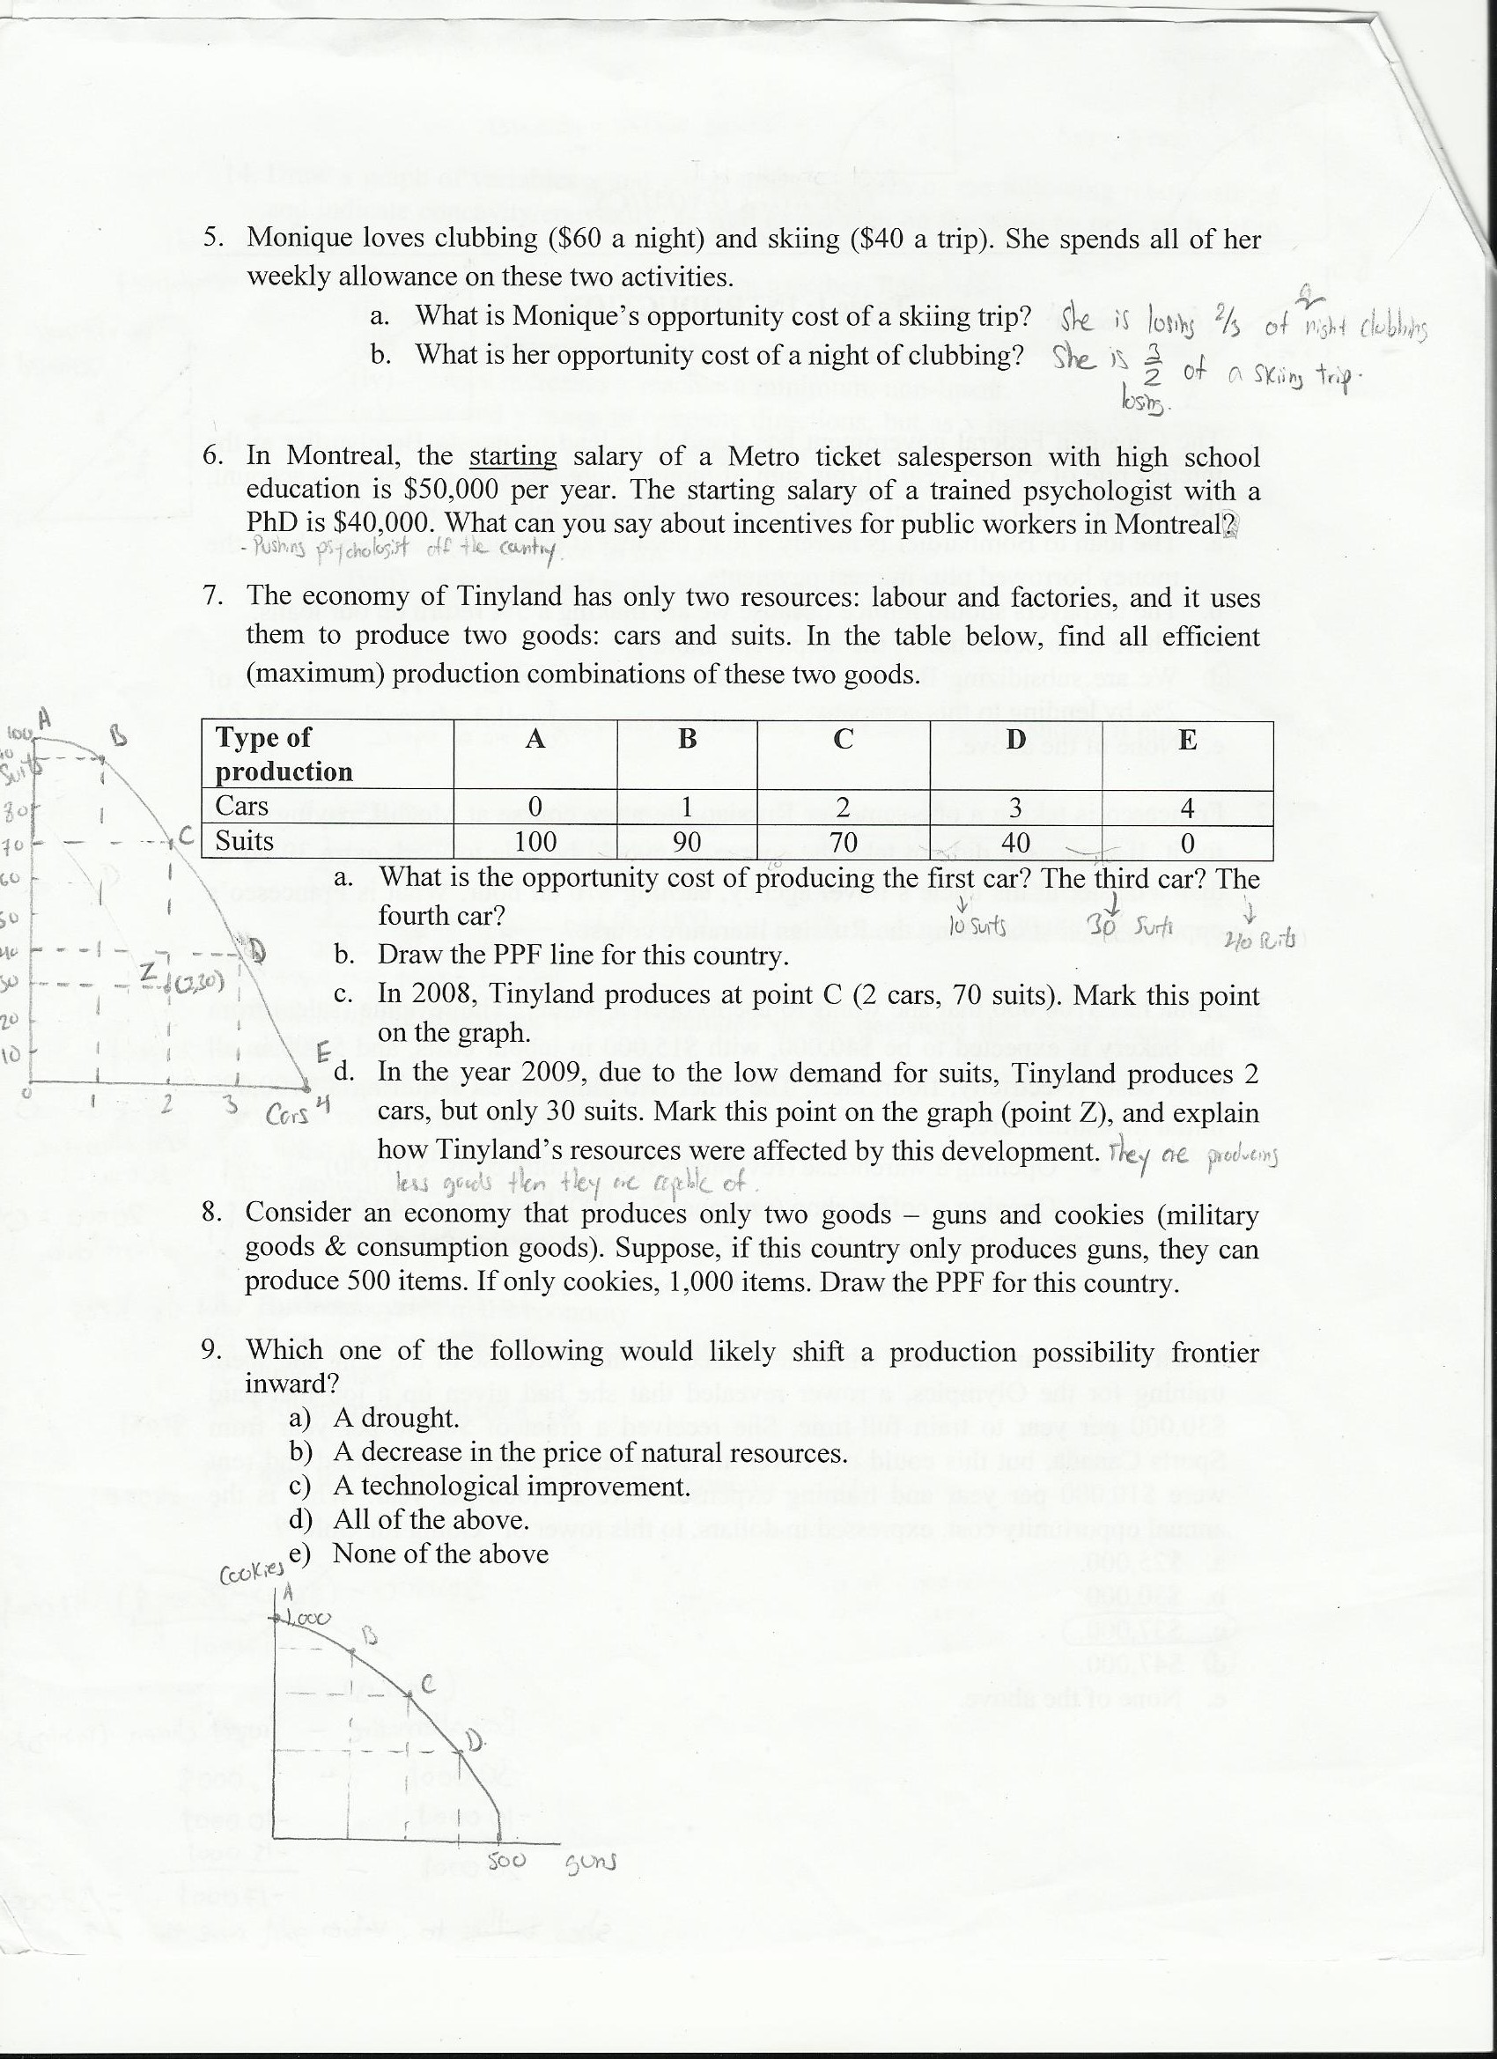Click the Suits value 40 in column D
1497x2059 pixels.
(1015, 844)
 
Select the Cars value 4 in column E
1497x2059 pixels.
(1186, 807)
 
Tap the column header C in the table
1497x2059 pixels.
(844, 740)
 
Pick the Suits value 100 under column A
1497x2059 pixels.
(535, 843)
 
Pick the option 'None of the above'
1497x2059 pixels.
(440, 1553)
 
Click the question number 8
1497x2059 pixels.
(213, 1214)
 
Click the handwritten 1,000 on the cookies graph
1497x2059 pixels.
(307, 1619)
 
